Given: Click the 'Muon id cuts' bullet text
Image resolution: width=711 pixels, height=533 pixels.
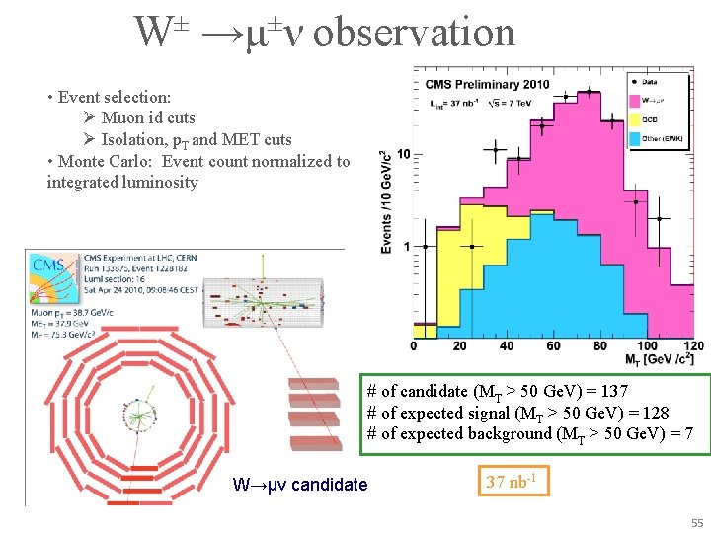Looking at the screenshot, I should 148,118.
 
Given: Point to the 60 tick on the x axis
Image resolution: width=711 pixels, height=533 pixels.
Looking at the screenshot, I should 554,346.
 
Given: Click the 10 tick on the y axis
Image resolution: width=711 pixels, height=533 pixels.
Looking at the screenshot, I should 404,155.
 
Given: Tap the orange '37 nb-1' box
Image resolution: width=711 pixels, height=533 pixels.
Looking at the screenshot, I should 513,482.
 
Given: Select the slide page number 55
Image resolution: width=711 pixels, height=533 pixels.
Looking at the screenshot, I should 697,522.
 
